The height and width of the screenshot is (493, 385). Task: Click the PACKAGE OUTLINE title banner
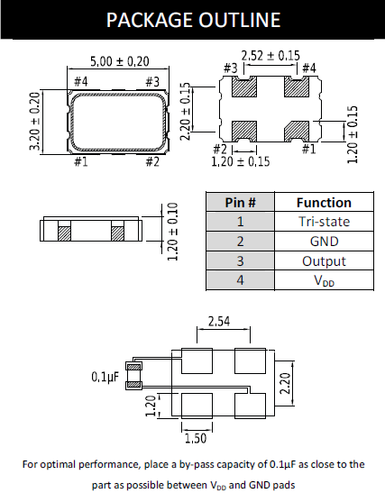(192, 20)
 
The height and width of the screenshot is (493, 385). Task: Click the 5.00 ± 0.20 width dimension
(118, 61)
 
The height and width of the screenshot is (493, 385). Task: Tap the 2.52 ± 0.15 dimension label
(270, 55)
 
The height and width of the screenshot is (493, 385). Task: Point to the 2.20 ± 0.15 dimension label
(210, 107)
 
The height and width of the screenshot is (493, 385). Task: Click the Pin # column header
(240, 202)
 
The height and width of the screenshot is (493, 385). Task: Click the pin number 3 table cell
(240, 261)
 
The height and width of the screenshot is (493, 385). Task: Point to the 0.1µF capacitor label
(107, 378)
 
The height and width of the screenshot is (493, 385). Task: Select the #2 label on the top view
(151, 161)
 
